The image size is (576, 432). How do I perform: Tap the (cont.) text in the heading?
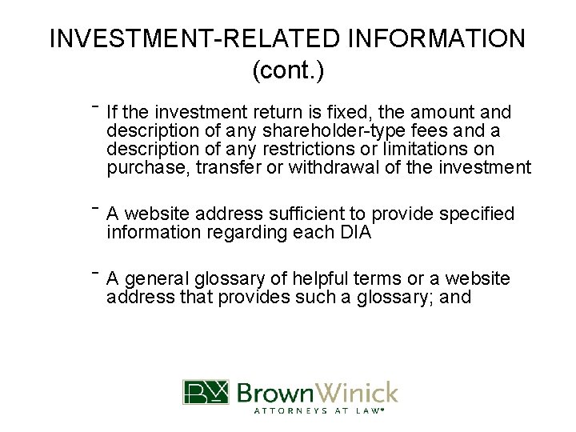coord(288,70)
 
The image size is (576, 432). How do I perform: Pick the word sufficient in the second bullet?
coord(304,214)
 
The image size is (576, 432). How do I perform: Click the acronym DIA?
coord(353,233)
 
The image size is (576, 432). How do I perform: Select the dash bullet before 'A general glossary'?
coord(94,272)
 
